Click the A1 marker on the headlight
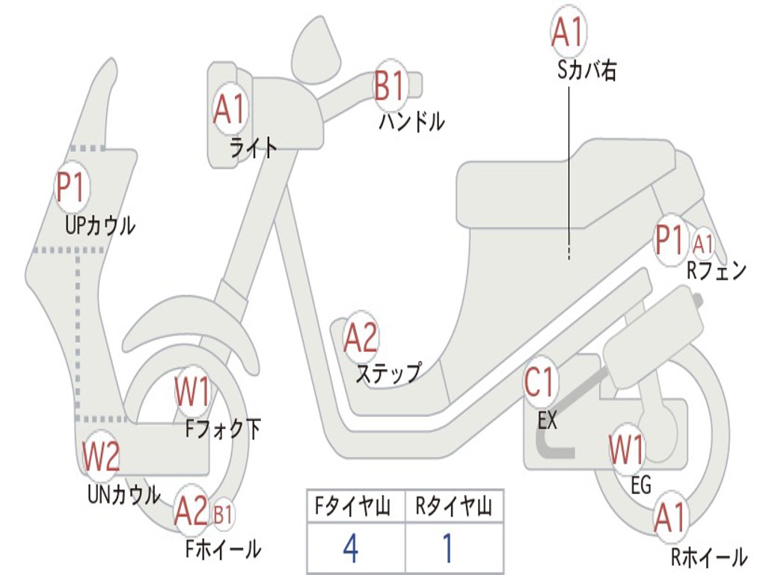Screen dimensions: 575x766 [x=229, y=109]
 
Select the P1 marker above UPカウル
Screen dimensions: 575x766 [x=71, y=187]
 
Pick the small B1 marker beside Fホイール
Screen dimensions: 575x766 [x=223, y=514]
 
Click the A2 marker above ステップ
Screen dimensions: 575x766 [x=361, y=338]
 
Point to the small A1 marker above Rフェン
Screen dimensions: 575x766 [x=703, y=243]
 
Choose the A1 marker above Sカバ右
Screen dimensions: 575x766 [x=567, y=31]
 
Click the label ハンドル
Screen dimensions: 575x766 [x=411, y=121]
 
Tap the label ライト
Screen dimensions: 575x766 [x=253, y=147]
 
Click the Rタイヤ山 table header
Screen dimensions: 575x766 [x=453, y=507]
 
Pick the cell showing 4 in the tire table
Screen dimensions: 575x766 [x=350, y=549]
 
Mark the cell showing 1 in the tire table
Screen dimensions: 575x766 [x=448, y=549]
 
